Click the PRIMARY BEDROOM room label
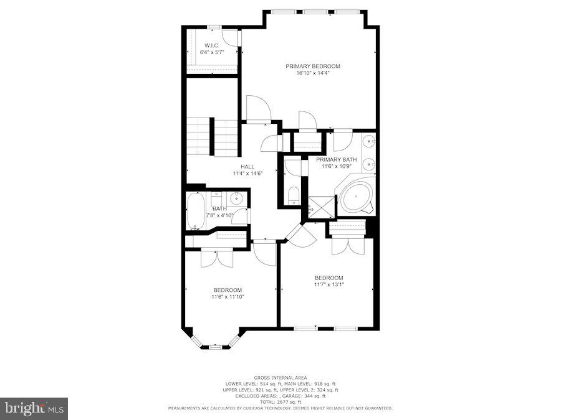(313, 66)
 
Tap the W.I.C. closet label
(212, 45)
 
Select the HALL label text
(248, 166)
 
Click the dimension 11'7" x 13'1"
(329, 284)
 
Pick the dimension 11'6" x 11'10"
(228, 297)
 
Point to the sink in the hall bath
(237, 198)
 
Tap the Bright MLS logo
(34, 409)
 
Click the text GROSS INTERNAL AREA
(280, 378)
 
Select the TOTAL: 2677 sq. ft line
(280, 402)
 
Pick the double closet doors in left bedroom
(216, 258)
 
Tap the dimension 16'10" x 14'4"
(313, 73)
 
